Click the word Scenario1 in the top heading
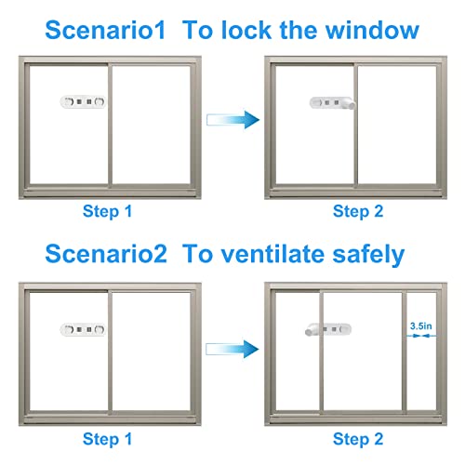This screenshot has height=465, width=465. (91, 30)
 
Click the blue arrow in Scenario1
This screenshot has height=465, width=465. (229, 118)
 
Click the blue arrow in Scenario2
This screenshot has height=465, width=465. (229, 346)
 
